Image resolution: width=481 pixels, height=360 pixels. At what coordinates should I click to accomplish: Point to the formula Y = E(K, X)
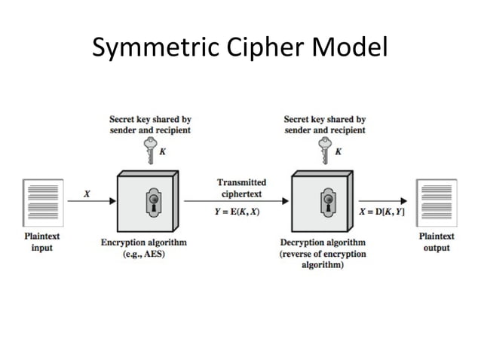click(x=237, y=212)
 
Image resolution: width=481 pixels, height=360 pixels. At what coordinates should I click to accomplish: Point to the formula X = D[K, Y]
click(x=381, y=212)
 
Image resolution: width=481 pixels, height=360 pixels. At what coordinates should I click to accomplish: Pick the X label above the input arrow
click(x=87, y=194)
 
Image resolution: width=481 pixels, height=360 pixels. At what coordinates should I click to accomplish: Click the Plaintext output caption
click(x=437, y=241)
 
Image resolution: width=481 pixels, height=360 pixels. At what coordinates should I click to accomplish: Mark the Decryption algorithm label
click(x=323, y=243)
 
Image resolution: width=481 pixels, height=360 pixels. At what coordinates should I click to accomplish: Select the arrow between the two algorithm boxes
click(x=237, y=201)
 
